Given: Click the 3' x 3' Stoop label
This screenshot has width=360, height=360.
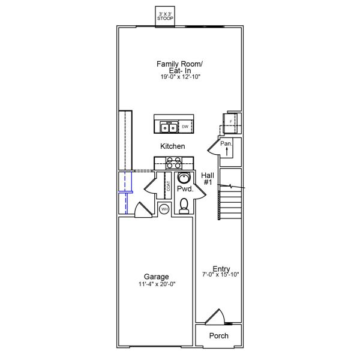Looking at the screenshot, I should coord(165,16).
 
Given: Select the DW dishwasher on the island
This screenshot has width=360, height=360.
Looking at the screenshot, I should coord(185,127).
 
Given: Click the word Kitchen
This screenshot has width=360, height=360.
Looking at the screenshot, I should coord(172,146).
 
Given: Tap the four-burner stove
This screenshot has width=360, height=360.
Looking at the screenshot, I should coord(174,162).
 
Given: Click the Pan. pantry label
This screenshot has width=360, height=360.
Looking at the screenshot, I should coord(226,144).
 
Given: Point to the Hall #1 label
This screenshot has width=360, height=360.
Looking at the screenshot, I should coord(208,178).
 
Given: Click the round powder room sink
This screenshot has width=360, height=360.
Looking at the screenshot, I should coord(185,178).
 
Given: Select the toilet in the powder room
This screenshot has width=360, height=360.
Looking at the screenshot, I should coord(185,206).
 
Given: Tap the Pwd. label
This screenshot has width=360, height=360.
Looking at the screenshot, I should coord(185,189).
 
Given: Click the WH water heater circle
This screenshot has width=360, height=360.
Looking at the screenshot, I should coord(164,209).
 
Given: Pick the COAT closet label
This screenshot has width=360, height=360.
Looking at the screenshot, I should coord(168,186).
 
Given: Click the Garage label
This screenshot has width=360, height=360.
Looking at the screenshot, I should coord(156,277).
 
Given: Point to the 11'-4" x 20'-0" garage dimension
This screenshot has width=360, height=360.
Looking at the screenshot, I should coord(156,285).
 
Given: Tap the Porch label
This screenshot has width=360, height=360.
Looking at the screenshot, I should coord(218,336).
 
